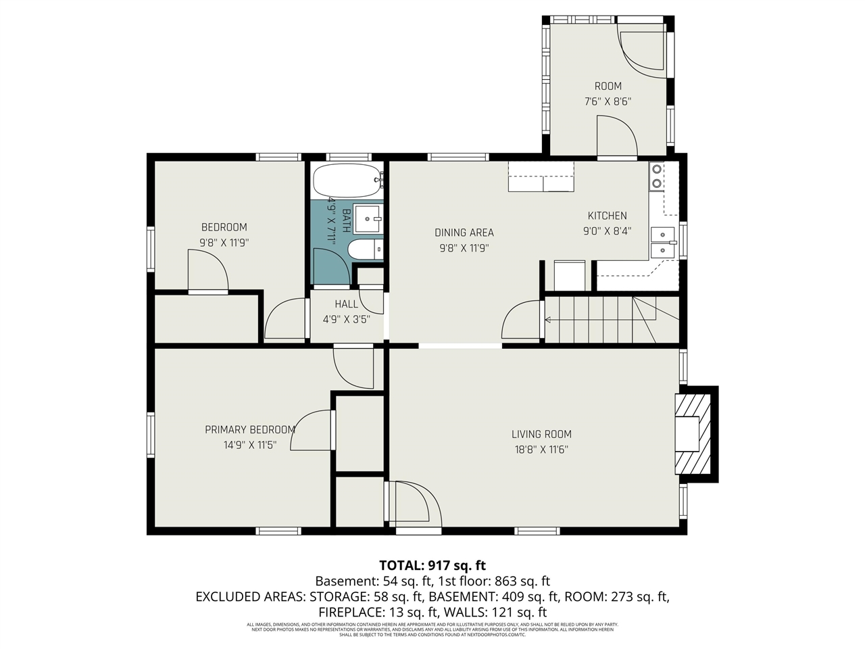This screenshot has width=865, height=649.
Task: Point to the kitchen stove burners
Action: pos(656,176)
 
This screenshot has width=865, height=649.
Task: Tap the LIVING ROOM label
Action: pos(541,434)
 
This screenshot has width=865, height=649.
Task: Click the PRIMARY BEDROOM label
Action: pos(249,429)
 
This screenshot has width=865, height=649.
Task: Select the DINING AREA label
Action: pos(464,233)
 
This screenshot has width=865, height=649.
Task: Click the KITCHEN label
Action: pos(607,216)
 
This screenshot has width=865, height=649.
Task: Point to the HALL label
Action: pos(346,304)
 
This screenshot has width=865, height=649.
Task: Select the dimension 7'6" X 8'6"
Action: pos(608,101)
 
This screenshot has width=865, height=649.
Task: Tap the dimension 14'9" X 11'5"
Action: pos(249,445)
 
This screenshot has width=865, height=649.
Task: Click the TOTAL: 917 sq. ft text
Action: pos(432,565)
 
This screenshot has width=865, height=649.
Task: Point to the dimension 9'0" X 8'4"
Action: pos(607,231)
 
